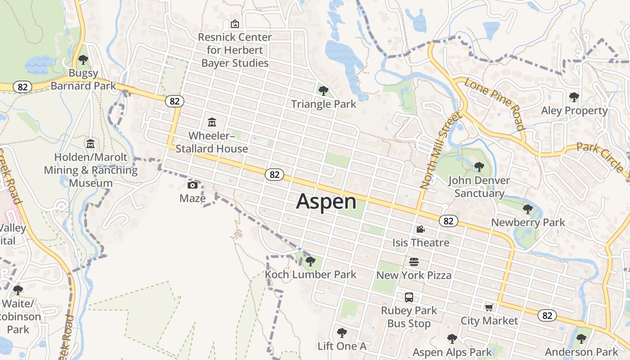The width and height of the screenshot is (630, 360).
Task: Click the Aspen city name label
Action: [326, 201]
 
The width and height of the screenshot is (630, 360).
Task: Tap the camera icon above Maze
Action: [193, 185]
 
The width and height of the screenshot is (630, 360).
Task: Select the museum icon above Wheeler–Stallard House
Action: [211, 122]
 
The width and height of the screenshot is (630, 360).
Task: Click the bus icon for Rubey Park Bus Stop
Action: [409, 297]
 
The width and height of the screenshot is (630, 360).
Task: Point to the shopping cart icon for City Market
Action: [489, 307]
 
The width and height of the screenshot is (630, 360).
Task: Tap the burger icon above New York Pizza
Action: [414, 261]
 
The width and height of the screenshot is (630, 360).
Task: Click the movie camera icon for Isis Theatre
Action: [421, 229]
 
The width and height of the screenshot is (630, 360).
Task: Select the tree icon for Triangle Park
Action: [323, 91]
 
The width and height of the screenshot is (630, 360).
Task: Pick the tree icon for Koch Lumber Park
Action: [310, 261]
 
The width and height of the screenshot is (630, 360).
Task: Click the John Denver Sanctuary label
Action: [479, 187]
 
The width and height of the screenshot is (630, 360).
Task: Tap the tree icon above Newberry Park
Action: [528, 209]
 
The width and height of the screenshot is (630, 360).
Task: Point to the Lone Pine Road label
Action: [495, 104]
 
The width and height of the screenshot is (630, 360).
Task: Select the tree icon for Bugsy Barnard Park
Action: [83, 59]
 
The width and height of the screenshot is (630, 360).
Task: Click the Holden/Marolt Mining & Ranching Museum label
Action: [90, 170]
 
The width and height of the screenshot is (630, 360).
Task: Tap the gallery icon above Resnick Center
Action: [234, 24]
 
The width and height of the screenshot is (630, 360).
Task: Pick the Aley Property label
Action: [574, 110]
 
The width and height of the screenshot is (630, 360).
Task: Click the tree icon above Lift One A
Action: [342, 333]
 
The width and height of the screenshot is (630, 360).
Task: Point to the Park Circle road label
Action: [601, 157]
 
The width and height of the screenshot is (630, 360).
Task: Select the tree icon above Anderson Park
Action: [581, 338]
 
